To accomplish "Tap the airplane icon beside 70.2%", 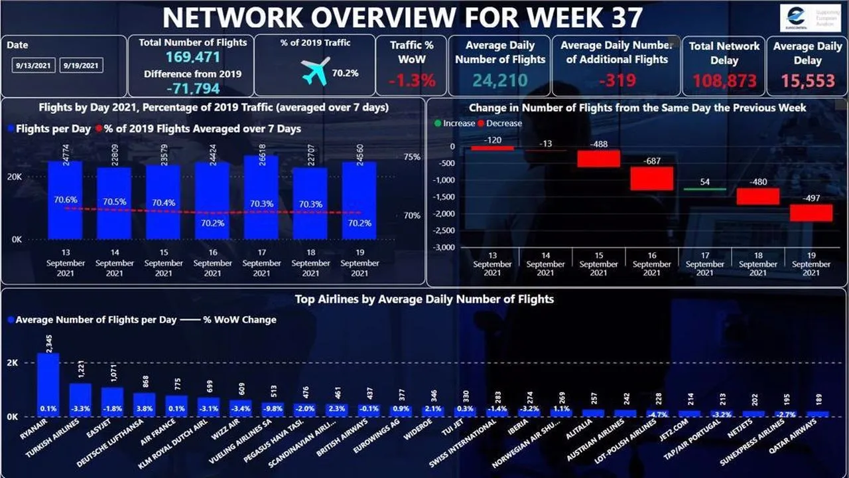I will click(315, 72).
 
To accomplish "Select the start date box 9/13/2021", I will click(33, 66).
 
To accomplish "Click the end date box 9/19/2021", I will click(81, 66).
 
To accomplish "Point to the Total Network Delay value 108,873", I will click(724, 81).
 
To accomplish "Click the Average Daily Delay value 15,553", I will click(807, 81).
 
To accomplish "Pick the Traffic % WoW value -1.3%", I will click(411, 81).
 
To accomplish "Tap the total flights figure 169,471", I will click(192, 58).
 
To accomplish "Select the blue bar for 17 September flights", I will click(261, 199).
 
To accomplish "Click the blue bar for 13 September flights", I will click(65, 199).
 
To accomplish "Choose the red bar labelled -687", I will click(651, 179).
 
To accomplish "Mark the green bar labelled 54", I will click(704, 189).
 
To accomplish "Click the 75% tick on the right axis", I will click(411, 157).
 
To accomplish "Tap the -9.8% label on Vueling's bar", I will click(275, 409).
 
